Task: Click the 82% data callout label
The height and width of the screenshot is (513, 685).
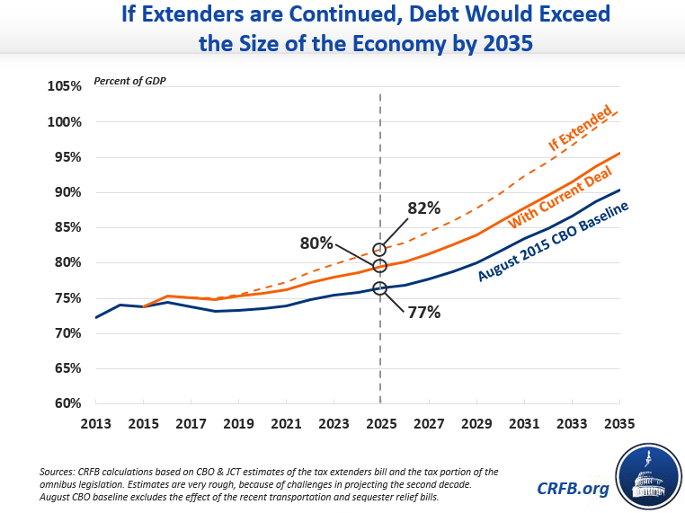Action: [x=423, y=208]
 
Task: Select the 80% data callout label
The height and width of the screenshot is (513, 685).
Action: [x=316, y=243]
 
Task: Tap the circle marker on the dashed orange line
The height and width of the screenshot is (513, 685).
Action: [x=380, y=249]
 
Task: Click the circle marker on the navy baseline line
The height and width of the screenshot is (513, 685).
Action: [x=380, y=287]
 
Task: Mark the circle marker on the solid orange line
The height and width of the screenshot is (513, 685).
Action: [x=380, y=266]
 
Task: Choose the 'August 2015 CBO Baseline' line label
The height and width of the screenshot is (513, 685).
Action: [x=552, y=241]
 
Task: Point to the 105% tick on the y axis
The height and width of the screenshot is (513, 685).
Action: [x=64, y=86]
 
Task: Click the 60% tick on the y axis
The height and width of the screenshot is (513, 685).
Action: [x=67, y=403]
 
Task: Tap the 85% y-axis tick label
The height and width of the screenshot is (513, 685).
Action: [x=67, y=227]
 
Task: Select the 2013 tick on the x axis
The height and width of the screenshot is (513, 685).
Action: [x=96, y=422]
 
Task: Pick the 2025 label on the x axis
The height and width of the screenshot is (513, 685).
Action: [x=381, y=422]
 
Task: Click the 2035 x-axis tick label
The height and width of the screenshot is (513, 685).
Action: [x=618, y=422]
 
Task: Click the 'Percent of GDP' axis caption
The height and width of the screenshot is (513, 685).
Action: [x=129, y=82]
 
